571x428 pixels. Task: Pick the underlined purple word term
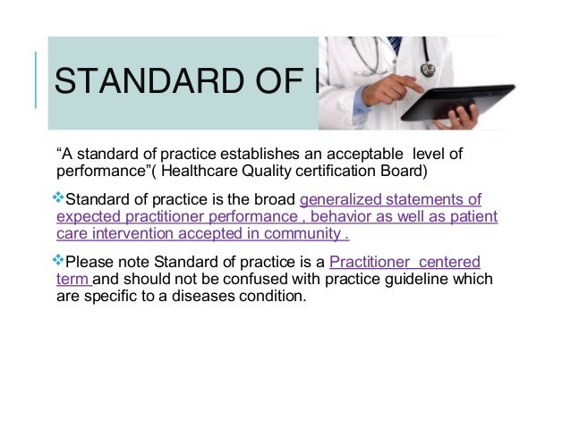(72, 280)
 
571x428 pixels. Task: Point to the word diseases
(198, 298)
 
